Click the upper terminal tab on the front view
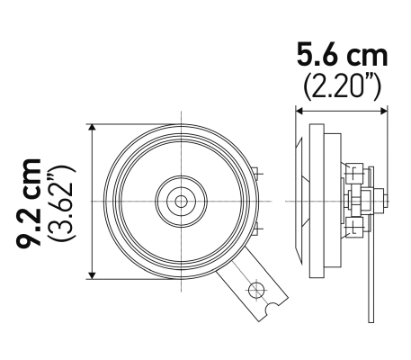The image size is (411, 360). coord(257,173)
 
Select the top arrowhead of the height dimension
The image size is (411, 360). coord(91,127)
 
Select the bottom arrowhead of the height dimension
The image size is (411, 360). coord(91,274)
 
